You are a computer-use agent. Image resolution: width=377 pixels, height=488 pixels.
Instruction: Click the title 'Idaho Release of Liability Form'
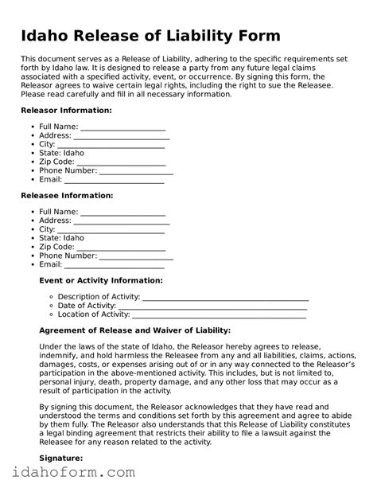click(150, 37)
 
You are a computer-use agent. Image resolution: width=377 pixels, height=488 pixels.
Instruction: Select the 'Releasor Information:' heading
click(66, 110)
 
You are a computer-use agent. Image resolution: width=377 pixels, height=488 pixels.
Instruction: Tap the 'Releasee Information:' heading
click(67, 195)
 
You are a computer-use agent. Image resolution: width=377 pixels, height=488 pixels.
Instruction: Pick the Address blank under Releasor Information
click(120, 137)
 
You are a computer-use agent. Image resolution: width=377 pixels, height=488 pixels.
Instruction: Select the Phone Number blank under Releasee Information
click(136, 256)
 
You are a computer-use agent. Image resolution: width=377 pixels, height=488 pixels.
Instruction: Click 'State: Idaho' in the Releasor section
click(61, 153)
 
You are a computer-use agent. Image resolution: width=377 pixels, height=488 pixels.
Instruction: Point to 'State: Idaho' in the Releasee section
click(61, 238)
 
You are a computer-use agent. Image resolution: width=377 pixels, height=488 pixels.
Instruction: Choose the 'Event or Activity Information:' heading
click(101, 280)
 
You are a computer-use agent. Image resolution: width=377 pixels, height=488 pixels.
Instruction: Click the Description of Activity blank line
click(225, 299)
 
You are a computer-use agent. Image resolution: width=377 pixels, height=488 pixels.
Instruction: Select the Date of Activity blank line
click(213, 307)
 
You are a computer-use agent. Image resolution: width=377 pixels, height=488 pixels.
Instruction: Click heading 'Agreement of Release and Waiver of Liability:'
click(134, 330)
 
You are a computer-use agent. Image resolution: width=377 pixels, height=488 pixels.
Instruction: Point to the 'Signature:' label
click(61, 459)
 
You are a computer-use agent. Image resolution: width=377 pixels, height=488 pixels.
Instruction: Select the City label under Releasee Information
click(48, 229)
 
